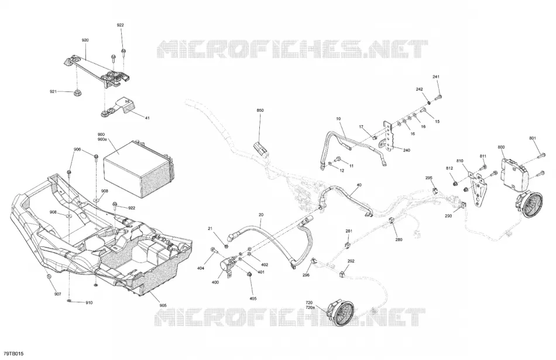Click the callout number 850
tap(260, 111)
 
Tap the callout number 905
tap(163, 306)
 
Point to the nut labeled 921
tap(76, 93)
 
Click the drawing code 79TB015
tap(13, 354)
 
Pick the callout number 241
tap(436, 77)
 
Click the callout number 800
tap(501, 147)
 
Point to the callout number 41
tap(147, 118)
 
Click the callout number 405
tap(253, 299)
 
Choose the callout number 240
tap(407, 150)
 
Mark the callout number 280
tap(399, 240)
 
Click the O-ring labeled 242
tap(429, 102)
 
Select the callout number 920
tap(85, 40)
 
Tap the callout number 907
tap(57, 294)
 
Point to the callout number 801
tap(533, 138)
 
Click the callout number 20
tap(261, 215)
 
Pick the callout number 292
tap(351, 262)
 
